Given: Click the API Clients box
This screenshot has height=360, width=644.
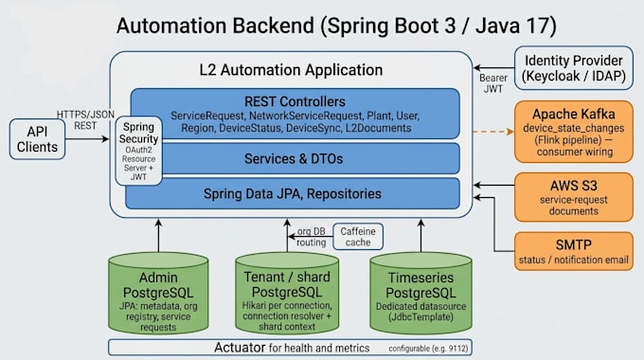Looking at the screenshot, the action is click(37, 139).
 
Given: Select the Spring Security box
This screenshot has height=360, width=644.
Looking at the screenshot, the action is click(138, 151).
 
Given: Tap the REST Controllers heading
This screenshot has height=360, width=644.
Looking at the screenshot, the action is click(295, 101).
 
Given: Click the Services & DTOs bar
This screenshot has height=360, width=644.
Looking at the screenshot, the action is click(294, 158).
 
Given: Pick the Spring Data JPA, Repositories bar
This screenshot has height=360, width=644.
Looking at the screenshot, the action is click(293, 193).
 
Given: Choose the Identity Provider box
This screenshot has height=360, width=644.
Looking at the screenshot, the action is click(574, 68).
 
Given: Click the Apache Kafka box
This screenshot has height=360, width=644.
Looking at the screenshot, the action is click(574, 132).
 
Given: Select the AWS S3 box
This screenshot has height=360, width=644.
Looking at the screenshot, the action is click(574, 197).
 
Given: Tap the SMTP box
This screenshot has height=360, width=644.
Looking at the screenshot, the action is click(574, 251).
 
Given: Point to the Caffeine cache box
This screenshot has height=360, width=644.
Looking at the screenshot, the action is click(358, 237).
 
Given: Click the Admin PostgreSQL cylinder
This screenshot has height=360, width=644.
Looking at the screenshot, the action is click(158, 293).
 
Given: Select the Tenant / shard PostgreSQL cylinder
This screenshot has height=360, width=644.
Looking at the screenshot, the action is click(287, 293).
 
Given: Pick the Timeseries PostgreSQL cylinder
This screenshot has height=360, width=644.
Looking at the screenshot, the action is click(421, 293).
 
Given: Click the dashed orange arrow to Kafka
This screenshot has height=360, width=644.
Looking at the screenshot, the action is click(493, 132).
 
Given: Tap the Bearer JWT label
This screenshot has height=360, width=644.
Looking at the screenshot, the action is click(493, 83).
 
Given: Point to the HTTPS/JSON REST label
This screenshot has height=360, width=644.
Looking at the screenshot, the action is click(85, 120).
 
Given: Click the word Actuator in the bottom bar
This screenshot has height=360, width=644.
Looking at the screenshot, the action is click(240, 348).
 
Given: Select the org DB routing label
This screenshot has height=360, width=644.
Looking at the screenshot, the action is click(312, 237).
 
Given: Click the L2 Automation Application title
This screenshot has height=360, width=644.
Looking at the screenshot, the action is click(291, 70).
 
